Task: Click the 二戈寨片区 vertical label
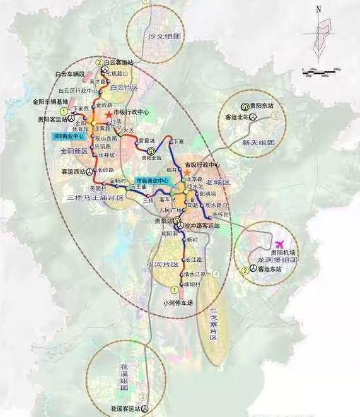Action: point(213,323)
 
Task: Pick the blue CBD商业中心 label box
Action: point(68,136)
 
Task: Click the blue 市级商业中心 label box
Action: point(153,180)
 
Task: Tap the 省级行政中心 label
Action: point(202,165)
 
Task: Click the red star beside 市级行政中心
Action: point(108,113)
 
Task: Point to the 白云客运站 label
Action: point(120,62)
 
